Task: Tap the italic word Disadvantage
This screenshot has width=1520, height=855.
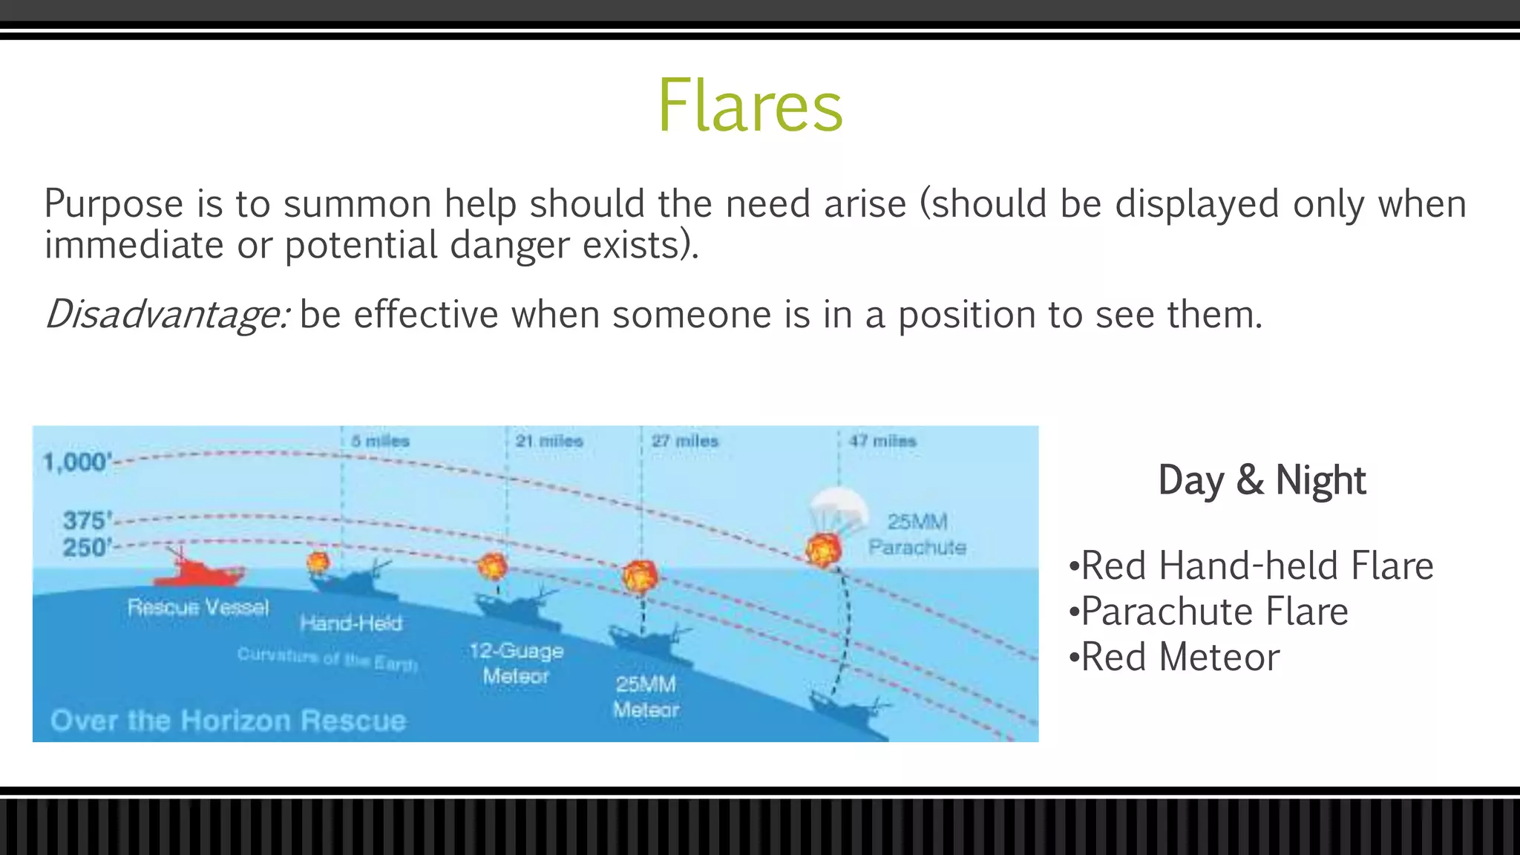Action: [x=166, y=315]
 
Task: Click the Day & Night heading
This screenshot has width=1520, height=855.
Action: [x=1262, y=480]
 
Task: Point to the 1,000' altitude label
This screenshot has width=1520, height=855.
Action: [x=76, y=462]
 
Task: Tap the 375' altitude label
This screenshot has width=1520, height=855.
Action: [x=87, y=520]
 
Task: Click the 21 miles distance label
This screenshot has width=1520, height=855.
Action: [x=549, y=441]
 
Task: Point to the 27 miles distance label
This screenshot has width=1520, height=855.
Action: [x=685, y=441]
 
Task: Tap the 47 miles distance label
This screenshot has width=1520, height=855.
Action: [x=882, y=441]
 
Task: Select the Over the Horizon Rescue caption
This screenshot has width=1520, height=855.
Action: [x=229, y=721]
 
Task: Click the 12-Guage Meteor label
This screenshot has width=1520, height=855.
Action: [x=516, y=664]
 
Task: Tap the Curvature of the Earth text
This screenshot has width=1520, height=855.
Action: [x=327, y=658]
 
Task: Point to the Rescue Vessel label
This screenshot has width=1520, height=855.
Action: [x=198, y=607]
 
